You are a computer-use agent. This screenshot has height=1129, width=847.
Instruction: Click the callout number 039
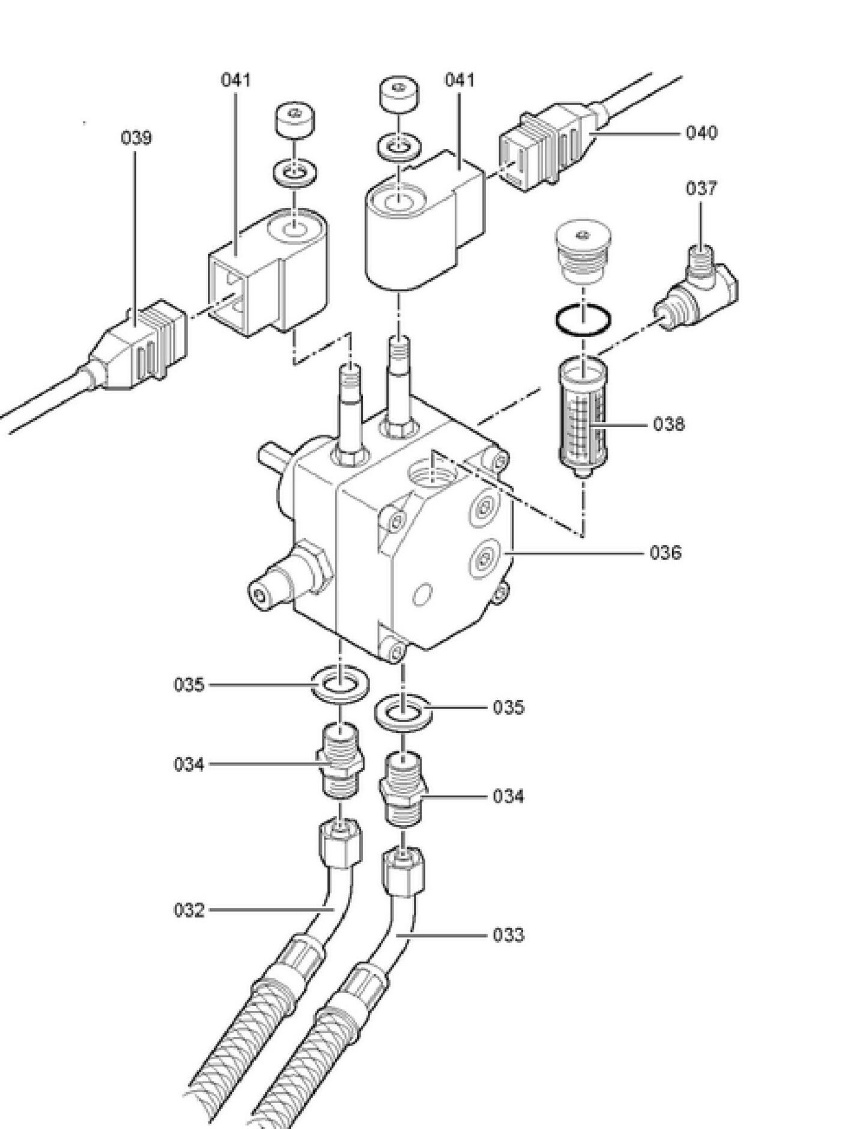136,138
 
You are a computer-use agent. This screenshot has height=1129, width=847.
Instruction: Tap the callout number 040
702,132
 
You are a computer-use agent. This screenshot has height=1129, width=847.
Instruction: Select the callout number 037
702,189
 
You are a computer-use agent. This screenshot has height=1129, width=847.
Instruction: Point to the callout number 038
669,424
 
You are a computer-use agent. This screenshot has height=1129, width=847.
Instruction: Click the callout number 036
666,552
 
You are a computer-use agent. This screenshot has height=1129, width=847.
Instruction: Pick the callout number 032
189,910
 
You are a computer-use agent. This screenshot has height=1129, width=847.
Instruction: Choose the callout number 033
508,935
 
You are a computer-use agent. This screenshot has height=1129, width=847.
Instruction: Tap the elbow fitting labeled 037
696,288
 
